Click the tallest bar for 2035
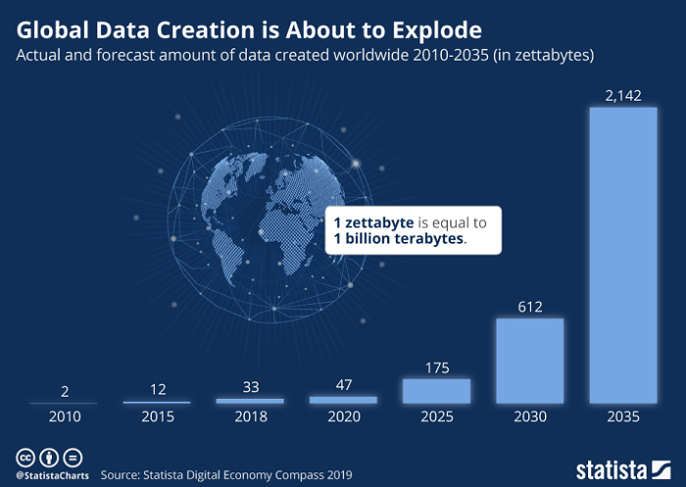point(622,255)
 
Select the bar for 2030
point(529,361)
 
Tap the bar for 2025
point(436,391)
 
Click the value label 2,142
point(622,94)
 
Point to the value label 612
point(529,306)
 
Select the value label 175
point(436,366)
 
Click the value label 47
point(343,384)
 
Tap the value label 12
point(157,389)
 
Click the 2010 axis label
point(64,416)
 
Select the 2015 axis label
point(157,416)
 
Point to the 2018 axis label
point(250,416)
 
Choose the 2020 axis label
point(343,416)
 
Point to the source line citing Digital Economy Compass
point(226,474)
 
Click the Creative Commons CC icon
point(23,457)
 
